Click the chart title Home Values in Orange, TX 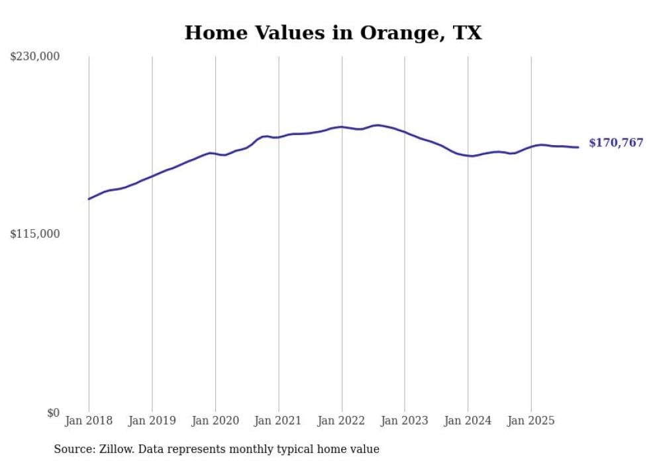(333, 32)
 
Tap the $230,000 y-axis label (34, 57)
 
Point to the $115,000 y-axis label (34, 234)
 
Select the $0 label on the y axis (53, 413)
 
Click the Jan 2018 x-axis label (89, 421)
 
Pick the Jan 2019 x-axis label (152, 421)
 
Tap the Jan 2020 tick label (215, 421)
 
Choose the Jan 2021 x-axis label (278, 421)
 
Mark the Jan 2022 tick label (342, 421)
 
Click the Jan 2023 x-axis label (405, 421)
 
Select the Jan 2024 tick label (468, 421)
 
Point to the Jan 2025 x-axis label (531, 421)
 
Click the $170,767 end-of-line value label (615, 143)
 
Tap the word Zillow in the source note (116, 450)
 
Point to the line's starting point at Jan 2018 (89, 199)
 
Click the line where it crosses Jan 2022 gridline (342, 127)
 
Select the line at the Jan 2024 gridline (468, 156)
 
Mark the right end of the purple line (578, 147)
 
